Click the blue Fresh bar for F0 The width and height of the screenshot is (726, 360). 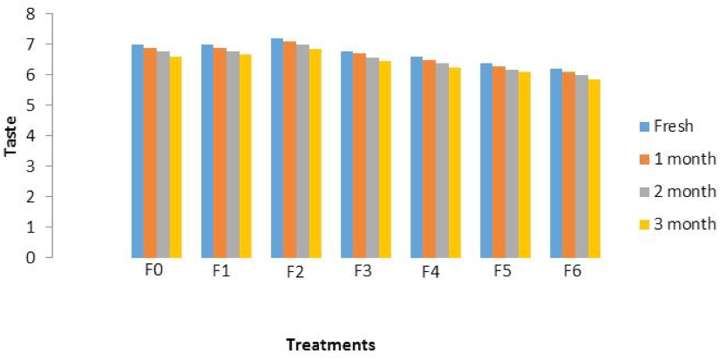pyautogui.click(x=138, y=151)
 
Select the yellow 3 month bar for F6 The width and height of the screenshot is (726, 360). pyautogui.click(x=594, y=168)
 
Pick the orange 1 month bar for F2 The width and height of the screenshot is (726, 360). pyautogui.click(x=290, y=149)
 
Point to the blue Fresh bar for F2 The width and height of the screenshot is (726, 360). pyautogui.click(x=277, y=148)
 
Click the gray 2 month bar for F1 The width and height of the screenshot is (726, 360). pyautogui.click(x=233, y=154)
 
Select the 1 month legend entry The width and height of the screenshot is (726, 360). pyautogui.click(x=675, y=159)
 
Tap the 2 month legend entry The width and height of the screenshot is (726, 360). pyautogui.click(x=675, y=191)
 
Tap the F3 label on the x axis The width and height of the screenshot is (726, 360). pyautogui.click(x=362, y=271)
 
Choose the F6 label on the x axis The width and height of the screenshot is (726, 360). pyautogui.click(x=573, y=271)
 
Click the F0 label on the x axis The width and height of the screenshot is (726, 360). pyautogui.click(x=153, y=270)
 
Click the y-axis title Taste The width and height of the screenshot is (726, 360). pyautogui.click(x=10, y=136)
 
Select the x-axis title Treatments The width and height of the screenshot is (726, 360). pyautogui.click(x=330, y=345)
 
